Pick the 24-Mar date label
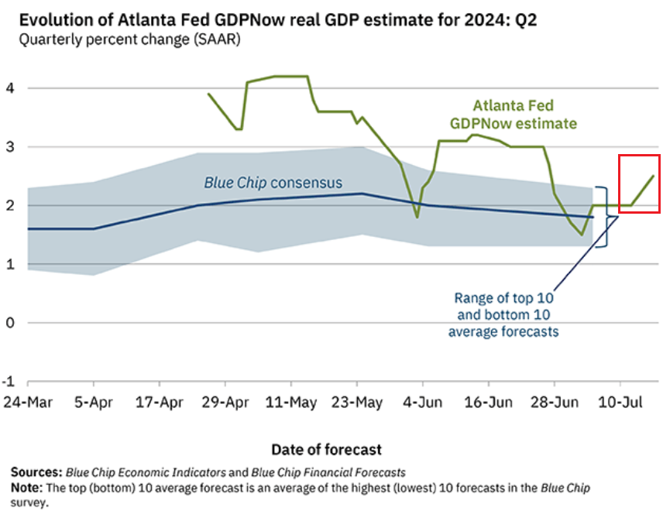[x=28, y=403]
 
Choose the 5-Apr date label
[x=93, y=403]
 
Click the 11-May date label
[x=290, y=403]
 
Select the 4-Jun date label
[x=423, y=403]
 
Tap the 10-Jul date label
[x=620, y=403]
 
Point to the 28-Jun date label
[x=555, y=403]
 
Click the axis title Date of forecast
[x=327, y=449]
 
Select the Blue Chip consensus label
[x=273, y=183]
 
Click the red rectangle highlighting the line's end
[x=639, y=183]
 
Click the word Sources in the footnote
[x=36, y=472]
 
